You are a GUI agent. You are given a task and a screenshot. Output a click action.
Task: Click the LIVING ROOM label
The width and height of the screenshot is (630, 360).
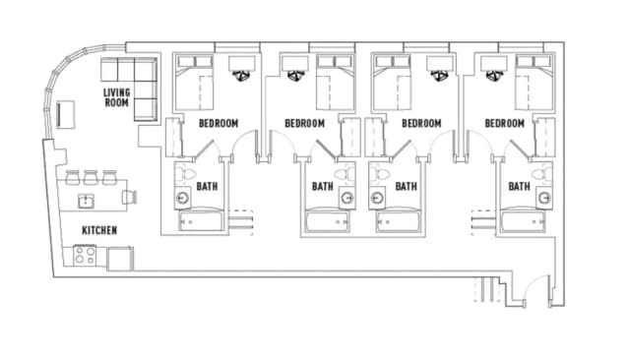tap(116, 97)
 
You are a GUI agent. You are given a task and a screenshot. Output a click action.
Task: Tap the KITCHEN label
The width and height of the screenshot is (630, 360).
tap(99, 230)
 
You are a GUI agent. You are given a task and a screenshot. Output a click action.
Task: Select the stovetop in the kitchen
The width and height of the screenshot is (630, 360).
tap(85, 256)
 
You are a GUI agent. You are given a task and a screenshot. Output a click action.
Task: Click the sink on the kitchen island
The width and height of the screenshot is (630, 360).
tap(86, 201)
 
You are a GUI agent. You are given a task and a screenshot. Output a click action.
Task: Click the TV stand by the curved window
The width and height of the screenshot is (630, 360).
tap(66, 114)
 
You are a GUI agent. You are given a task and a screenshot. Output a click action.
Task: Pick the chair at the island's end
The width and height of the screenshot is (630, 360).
tap(130, 197)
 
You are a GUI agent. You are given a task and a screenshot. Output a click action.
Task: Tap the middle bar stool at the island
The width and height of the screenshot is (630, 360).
tap(91, 177)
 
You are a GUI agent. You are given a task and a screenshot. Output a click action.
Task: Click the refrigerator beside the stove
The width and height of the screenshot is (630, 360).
tap(120, 259)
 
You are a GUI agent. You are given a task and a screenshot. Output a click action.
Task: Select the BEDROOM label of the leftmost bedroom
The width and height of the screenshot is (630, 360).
tap(219, 123)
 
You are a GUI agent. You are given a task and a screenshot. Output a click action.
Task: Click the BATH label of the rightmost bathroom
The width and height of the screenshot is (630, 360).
tap(519, 186)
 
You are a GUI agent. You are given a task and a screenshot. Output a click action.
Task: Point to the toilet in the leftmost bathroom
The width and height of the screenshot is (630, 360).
tap(186, 174)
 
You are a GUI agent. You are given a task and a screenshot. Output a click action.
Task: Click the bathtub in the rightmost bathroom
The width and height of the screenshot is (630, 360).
tap(523, 221)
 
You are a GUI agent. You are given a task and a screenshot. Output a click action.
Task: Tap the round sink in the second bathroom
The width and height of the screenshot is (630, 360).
tap(347, 198)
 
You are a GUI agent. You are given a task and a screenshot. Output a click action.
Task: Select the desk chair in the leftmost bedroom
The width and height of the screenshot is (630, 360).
tap(241, 75)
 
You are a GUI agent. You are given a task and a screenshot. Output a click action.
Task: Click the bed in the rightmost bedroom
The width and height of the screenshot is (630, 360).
tap(535, 83)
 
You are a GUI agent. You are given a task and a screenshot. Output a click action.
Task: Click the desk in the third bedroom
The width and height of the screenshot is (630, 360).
tap(440, 63)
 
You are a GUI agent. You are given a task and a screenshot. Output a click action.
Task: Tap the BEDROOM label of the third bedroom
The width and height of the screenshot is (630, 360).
tap(421, 123)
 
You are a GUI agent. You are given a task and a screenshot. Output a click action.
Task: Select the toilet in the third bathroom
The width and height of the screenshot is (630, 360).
tap(380, 174)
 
